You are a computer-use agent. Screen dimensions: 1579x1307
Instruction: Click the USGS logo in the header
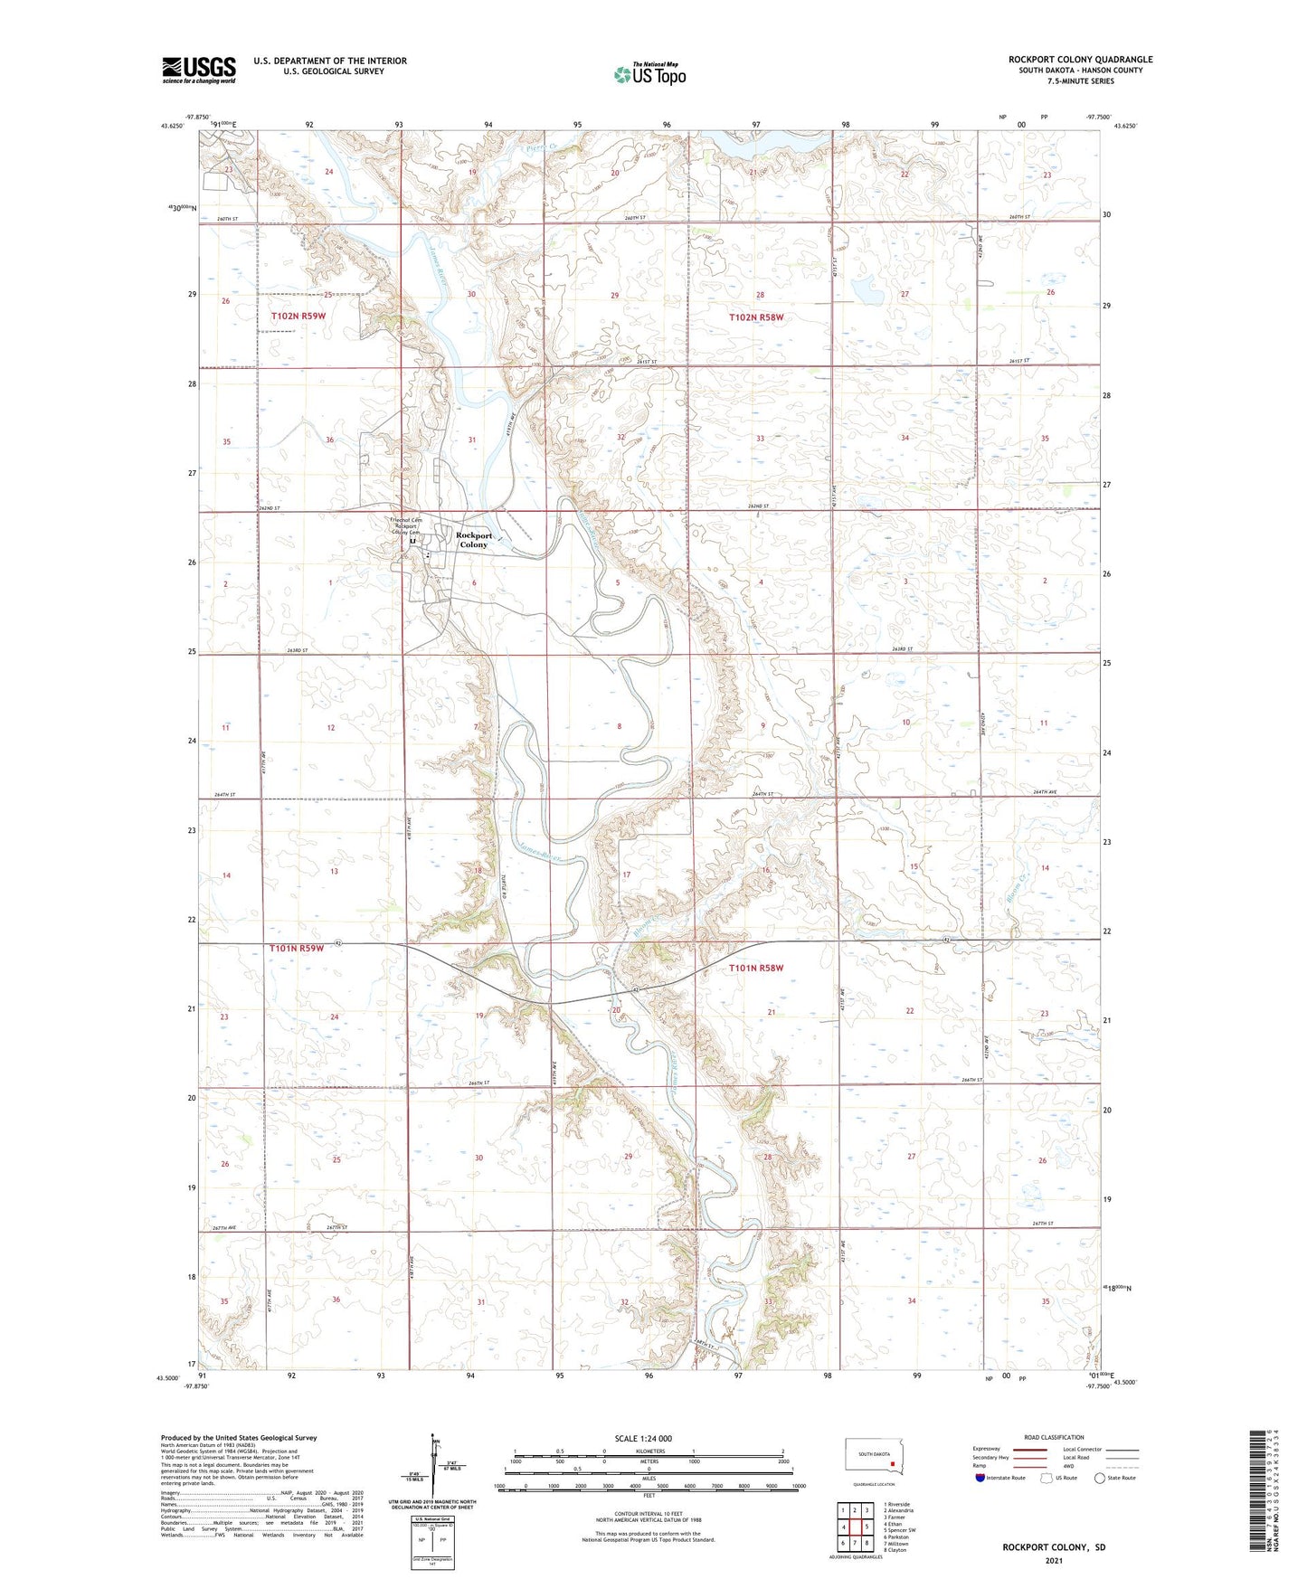pyautogui.click(x=199, y=70)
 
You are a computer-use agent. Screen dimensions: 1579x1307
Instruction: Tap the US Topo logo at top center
pyautogui.click(x=649, y=74)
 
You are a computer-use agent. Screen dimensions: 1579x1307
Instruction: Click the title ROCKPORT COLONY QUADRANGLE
pyautogui.click(x=1080, y=60)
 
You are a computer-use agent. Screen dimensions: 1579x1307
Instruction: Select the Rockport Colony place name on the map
pyautogui.click(x=474, y=540)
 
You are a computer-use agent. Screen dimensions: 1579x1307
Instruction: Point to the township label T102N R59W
pyautogui.click(x=298, y=316)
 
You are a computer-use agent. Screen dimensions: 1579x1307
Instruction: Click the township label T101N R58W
pyautogui.click(x=755, y=968)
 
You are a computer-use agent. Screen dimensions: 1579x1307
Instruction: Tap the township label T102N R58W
pyautogui.click(x=756, y=317)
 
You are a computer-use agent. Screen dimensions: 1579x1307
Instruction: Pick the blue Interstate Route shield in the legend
pyautogui.click(x=980, y=1478)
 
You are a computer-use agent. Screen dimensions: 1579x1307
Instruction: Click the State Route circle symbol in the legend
pyautogui.click(x=1100, y=1478)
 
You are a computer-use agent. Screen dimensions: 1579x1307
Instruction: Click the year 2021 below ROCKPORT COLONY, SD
pyautogui.click(x=1053, y=1561)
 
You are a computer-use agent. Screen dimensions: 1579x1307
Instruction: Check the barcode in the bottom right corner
pyautogui.click(x=1258, y=1489)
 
